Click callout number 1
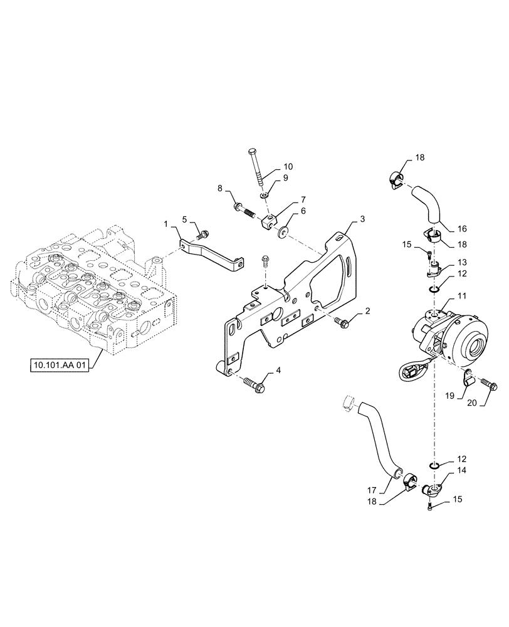166,224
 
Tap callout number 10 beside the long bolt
288,166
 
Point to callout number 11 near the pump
461,295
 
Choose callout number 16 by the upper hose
461,228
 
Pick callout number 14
461,470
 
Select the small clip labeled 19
467,379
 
